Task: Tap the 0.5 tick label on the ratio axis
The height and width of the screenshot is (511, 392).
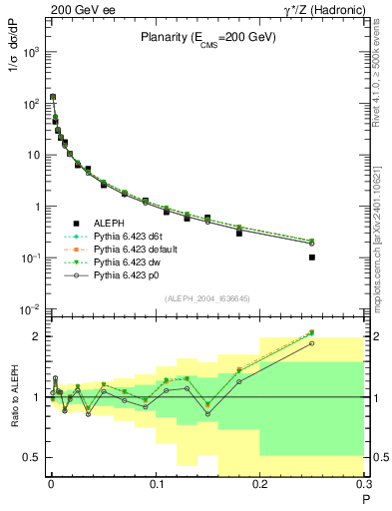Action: [x=33, y=457]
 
